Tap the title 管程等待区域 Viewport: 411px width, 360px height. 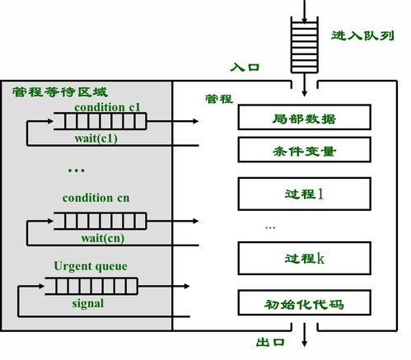[59, 91]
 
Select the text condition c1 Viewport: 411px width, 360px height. [107, 108]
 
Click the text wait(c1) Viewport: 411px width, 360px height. [100, 139]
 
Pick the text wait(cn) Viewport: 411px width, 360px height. [102, 238]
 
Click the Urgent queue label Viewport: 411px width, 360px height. [86, 266]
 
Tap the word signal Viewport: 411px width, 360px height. [85, 304]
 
